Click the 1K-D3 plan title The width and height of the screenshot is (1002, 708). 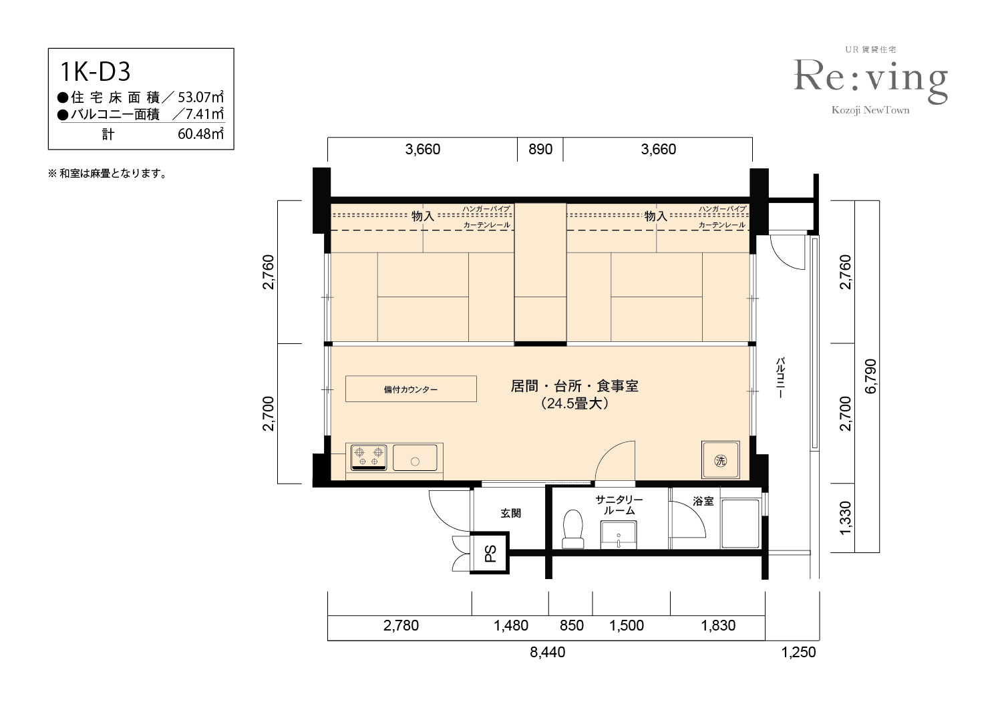pyautogui.click(x=96, y=72)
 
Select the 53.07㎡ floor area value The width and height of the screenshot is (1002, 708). pyautogui.click(x=200, y=97)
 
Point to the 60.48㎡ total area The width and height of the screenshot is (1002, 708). pyautogui.click(x=200, y=134)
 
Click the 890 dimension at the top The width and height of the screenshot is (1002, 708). pyautogui.click(x=540, y=149)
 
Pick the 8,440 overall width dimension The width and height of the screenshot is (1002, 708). pyautogui.click(x=548, y=652)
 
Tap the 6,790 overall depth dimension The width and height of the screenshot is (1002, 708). pyautogui.click(x=870, y=376)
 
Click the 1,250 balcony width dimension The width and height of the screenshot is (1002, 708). pyautogui.click(x=798, y=652)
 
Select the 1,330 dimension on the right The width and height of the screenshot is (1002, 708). pyautogui.click(x=845, y=518)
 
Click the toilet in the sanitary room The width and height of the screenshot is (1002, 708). pyautogui.click(x=573, y=529)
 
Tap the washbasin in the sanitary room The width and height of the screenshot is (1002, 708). pyautogui.click(x=619, y=535)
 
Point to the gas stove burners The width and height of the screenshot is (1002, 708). pyautogui.click(x=369, y=457)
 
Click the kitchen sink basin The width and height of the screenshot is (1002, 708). pyautogui.click(x=415, y=458)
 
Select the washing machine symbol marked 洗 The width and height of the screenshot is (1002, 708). pyautogui.click(x=720, y=460)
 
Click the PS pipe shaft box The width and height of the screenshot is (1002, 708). pyautogui.click(x=490, y=553)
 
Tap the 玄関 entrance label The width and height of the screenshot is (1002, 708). pyautogui.click(x=510, y=513)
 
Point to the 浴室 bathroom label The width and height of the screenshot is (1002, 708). pyautogui.click(x=703, y=502)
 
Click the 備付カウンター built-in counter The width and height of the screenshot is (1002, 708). pyautogui.click(x=411, y=389)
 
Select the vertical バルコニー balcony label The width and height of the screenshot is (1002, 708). pyautogui.click(x=780, y=377)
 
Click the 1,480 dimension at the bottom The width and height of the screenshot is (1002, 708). pyautogui.click(x=511, y=625)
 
